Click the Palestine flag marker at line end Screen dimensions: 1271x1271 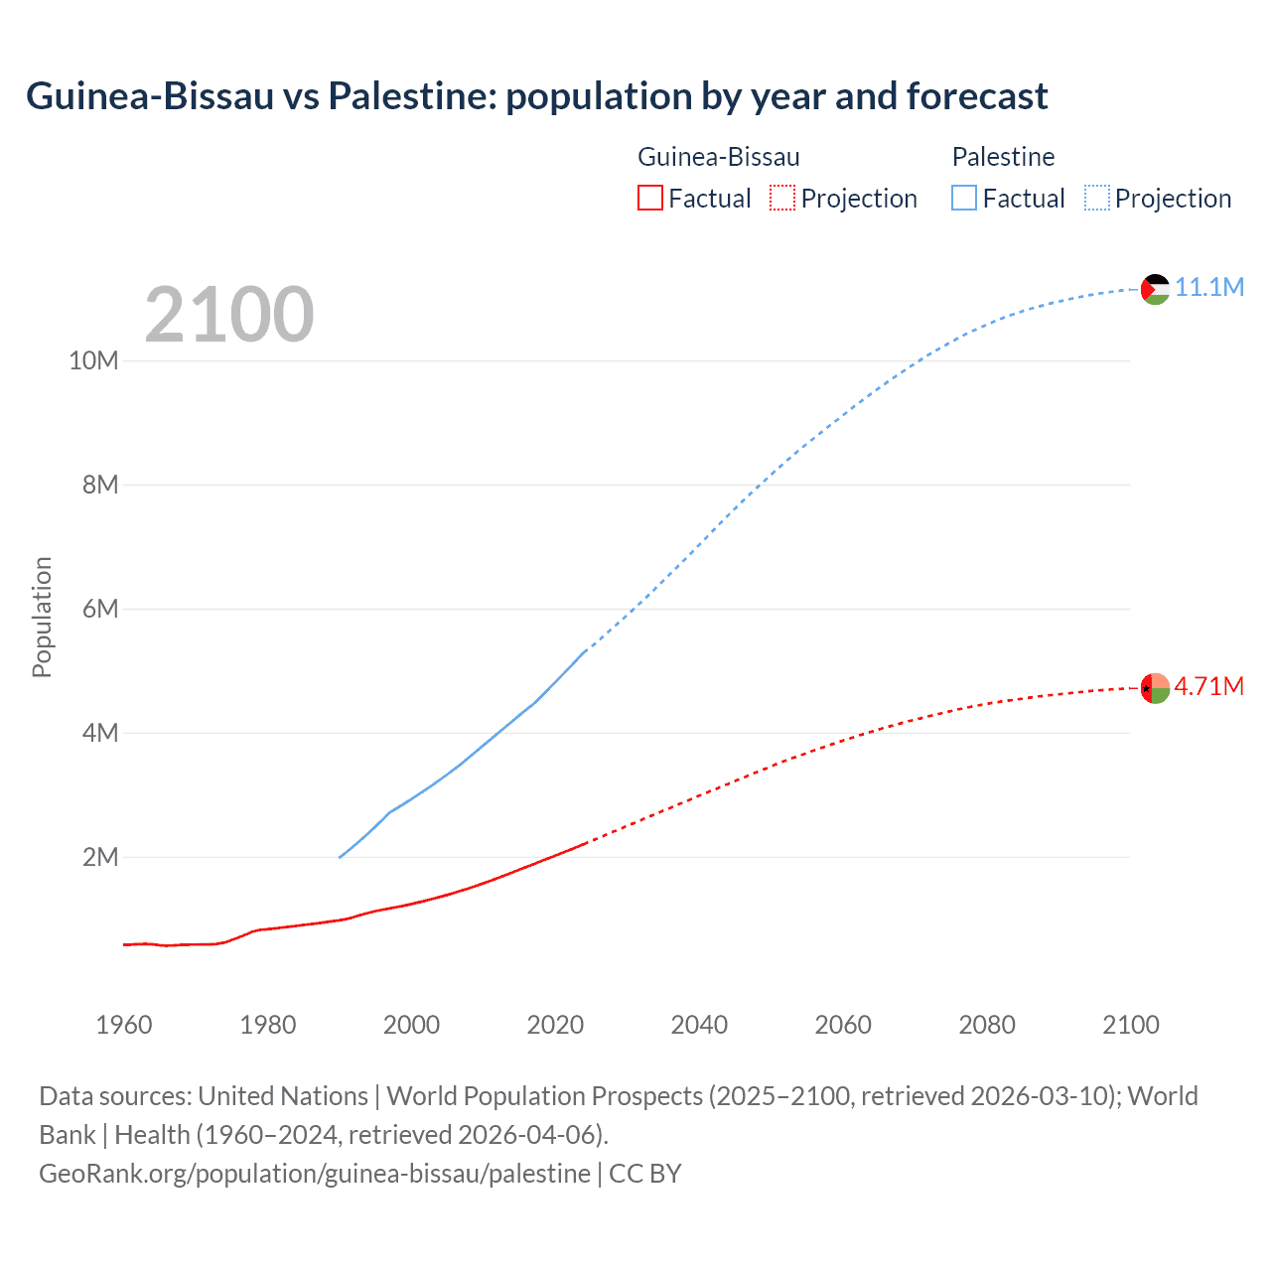[1155, 289]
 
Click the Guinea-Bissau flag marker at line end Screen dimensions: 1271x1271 [1155, 687]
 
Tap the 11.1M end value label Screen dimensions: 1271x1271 [1208, 287]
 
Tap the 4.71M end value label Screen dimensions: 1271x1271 [1208, 686]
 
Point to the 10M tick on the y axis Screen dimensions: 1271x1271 [93, 360]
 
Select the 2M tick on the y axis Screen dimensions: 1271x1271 [100, 857]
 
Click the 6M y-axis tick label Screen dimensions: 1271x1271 [100, 609]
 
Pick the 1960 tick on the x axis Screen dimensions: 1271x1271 [124, 1025]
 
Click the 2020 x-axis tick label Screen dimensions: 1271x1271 [555, 1025]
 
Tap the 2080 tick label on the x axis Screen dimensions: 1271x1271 [987, 1025]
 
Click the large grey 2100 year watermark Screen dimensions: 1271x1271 [229, 315]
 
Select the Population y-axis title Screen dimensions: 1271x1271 [42, 617]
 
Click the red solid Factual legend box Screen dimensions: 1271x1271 [649, 199]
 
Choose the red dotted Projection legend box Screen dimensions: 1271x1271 [782, 199]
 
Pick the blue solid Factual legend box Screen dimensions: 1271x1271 [964, 199]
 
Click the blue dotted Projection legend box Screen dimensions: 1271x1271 [1097, 199]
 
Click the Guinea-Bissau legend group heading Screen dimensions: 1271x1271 [718, 157]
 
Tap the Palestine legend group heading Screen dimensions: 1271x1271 [1003, 157]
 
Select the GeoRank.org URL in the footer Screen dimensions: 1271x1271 [315, 1174]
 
